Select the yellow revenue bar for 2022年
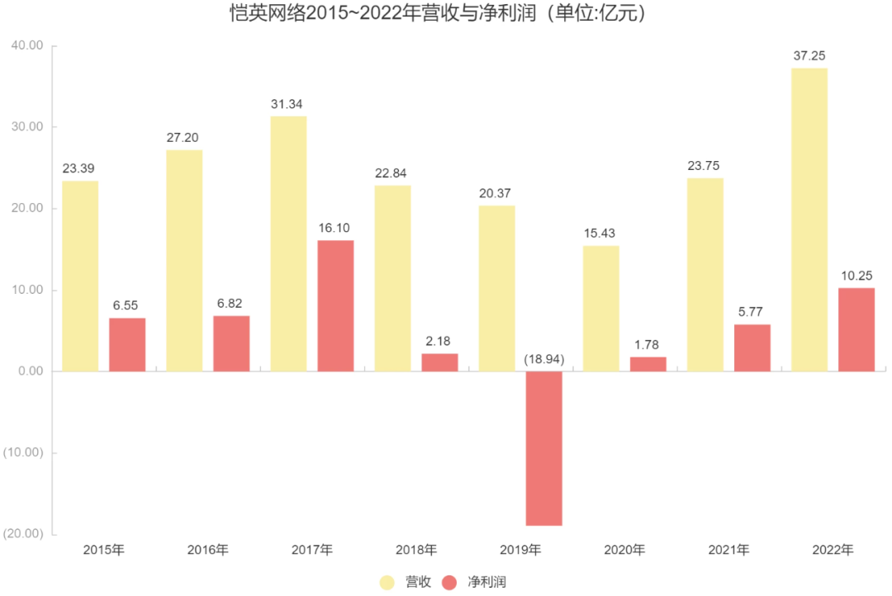[x=809, y=220]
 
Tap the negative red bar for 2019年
[x=544, y=448]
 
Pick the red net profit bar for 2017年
[x=335, y=305]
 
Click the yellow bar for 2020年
[x=600, y=308]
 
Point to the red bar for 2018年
[x=439, y=362]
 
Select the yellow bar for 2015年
[x=80, y=276]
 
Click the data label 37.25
[x=809, y=56]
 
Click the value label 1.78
[x=648, y=345]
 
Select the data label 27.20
[x=184, y=138]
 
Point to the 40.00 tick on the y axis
[x=26, y=45]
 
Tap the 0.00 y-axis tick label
[x=30, y=371]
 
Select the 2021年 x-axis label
[x=728, y=550]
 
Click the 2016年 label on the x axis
[x=207, y=550]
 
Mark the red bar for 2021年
[x=752, y=348]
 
